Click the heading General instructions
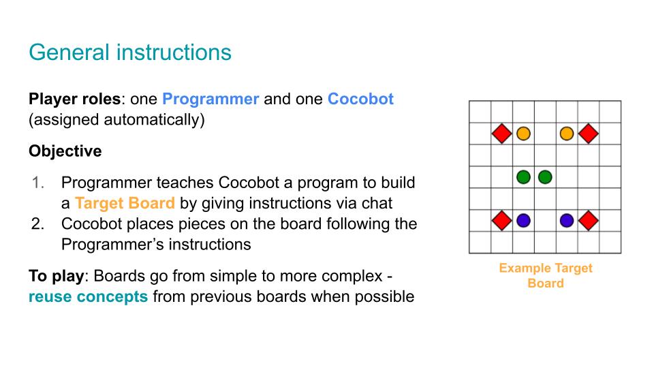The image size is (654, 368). coord(130,52)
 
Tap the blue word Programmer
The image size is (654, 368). coord(211,99)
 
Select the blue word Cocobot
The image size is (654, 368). coord(361,99)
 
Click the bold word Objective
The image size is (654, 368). coord(65,151)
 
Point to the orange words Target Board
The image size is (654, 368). coord(125,203)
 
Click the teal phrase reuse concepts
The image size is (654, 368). coord(88,296)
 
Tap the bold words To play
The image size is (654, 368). coord(57,276)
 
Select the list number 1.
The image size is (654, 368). coord(38,183)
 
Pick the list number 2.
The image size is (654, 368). coord(38,224)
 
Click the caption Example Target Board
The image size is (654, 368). coord(546,275)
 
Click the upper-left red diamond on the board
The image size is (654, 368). coord(502,134)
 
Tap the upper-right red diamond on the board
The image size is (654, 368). coord(589,134)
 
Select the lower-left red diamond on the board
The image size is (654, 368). coord(502,220)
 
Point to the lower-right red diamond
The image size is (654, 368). coord(589,220)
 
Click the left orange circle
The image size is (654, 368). coord(523,134)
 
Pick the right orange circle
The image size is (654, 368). coord(567,134)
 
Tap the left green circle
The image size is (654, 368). coord(523,177)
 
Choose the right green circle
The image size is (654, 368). coord(545,177)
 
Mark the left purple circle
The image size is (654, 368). coord(523,220)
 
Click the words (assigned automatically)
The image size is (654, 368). coord(116,120)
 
